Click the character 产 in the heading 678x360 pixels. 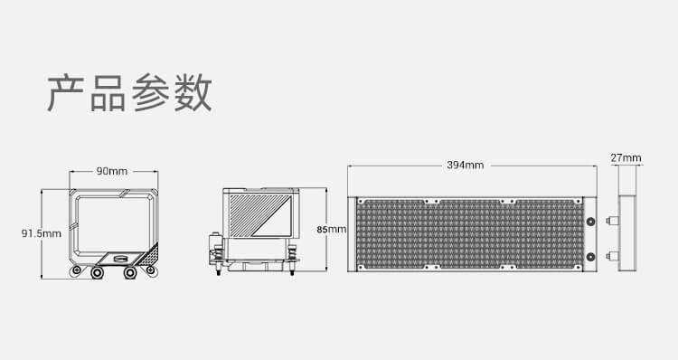click(65, 93)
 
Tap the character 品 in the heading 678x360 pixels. click(108, 93)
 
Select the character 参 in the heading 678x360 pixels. click(150, 93)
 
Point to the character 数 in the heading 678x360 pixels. click(193, 93)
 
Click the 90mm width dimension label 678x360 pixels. click(112, 171)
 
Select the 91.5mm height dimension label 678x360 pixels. click(42, 233)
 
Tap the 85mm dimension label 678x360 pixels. click(331, 230)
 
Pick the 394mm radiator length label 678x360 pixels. click(466, 165)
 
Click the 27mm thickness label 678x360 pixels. click(626, 158)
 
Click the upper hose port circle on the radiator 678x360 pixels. click(590, 222)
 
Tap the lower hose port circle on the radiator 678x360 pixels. click(590, 257)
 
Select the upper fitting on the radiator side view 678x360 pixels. click(612, 221)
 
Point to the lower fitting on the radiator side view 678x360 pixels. click(612, 257)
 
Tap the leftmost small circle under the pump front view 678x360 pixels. click(77, 270)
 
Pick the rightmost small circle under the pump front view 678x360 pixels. click(150, 270)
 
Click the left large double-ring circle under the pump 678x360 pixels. click(97, 272)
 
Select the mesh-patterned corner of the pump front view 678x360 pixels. click(149, 256)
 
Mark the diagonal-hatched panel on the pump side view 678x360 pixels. click(259, 215)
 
